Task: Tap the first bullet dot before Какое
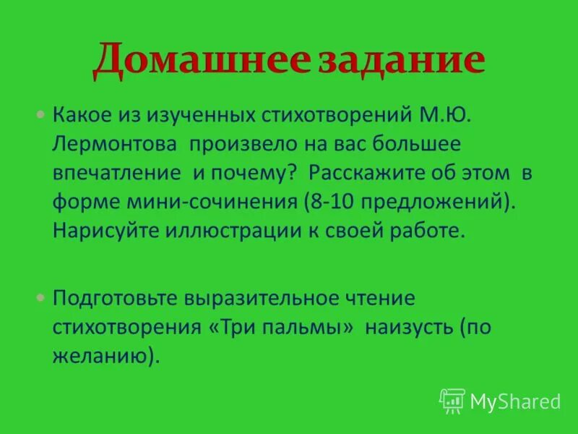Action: coord(40,114)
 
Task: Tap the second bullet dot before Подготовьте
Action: coord(40,298)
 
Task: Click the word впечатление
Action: coord(116,173)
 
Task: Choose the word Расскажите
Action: coord(367,173)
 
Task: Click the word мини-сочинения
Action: coord(210,202)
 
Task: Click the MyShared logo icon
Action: coord(452,400)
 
